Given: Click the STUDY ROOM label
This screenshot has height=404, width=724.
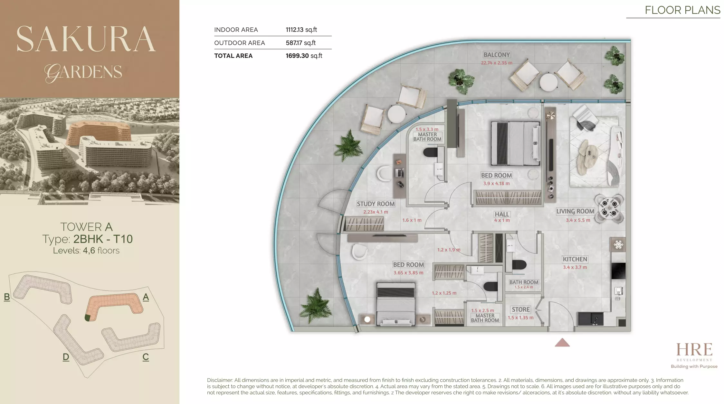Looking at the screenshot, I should pyautogui.click(x=376, y=204).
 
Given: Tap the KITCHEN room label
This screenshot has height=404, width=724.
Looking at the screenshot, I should pyautogui.click(x=575, y=259).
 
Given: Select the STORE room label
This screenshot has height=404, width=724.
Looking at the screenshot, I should pyautogui.click(x=520, y=309).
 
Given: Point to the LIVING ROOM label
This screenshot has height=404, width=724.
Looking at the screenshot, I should pyautogui.click(x=575, y=211).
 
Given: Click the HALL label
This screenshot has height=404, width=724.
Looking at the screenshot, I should pyautogui.click(x=502, y=214).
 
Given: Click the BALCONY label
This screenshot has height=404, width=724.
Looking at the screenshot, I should pyautogui.click(x=497, y=55).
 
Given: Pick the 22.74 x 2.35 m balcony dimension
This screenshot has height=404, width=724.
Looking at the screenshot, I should pyautogui.click(x=496, y=63).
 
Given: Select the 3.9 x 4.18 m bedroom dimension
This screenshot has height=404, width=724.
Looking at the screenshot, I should pyautogui.click(x=496, y=184).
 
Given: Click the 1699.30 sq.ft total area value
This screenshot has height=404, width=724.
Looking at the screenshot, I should pyautogui.click(x=304, y=56).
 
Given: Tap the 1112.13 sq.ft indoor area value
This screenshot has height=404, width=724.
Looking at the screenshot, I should pyautogui.click(x=301, y=30).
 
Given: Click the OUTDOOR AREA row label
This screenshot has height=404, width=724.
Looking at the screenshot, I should pyautogui.click(x=239, y=43).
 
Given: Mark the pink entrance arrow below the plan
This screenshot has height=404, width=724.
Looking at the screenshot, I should pyautogui.click(x=562, y=343).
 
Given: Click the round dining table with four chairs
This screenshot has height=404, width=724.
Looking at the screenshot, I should pyautogui.click(x=609, y=208).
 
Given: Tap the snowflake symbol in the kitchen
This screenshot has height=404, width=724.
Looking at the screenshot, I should pyautogui.click(x=618, y=245).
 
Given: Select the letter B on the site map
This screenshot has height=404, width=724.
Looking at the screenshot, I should pyautogui.click(x=7, y=297).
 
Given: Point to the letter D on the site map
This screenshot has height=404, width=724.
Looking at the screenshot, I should pyautogui.click(x=66, y=357).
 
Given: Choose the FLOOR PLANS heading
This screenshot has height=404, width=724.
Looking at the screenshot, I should pyautogui.click(x=682, y=10).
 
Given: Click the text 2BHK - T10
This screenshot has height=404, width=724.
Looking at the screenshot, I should pyautogui.click(x=103, y=239).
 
